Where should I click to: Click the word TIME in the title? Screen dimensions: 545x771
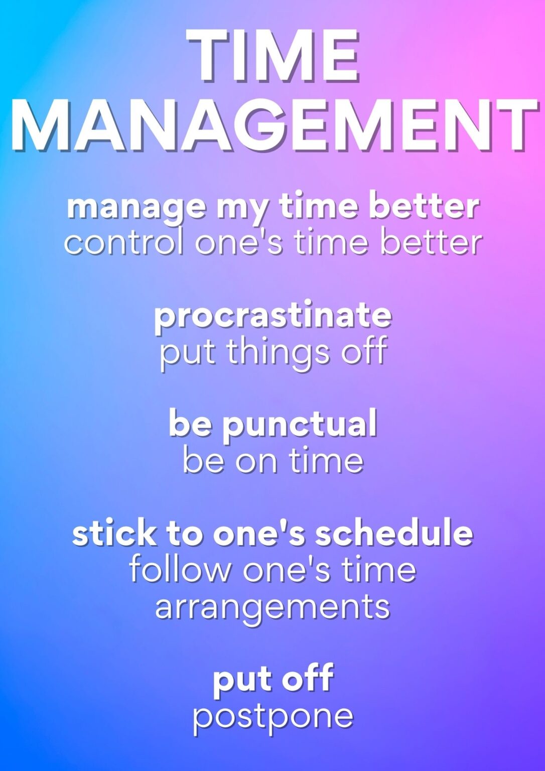pyautogui.click(x=272, y=55)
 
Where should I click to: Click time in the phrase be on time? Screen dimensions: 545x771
pyautogui.click(x=326, y=460)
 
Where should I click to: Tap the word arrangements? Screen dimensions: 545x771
pyautogui.click(x=272, y=609)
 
